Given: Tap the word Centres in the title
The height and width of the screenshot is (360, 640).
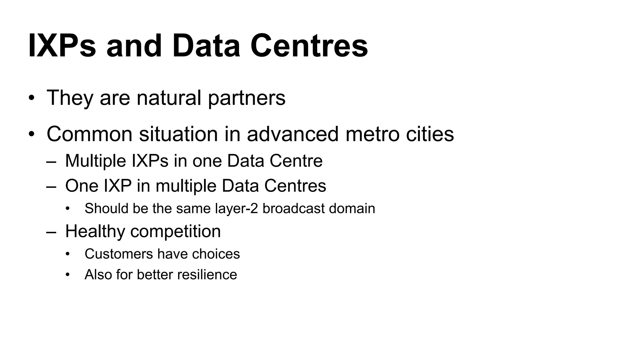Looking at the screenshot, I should [309, 46].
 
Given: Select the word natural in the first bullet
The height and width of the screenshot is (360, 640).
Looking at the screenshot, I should [169, 97].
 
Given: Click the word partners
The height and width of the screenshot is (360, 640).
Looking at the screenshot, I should [247, 98].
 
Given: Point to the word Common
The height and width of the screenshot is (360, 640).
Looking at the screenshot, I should [89, 134].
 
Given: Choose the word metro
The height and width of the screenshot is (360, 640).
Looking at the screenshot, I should [372, 134].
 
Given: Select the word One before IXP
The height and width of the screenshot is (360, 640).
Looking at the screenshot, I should [81, 186].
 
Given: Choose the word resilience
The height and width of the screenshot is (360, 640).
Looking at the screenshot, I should [207, 275].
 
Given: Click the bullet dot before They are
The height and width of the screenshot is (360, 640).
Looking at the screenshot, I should [31, 98].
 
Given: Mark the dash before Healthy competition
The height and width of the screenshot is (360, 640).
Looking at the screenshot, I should [51, 232].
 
